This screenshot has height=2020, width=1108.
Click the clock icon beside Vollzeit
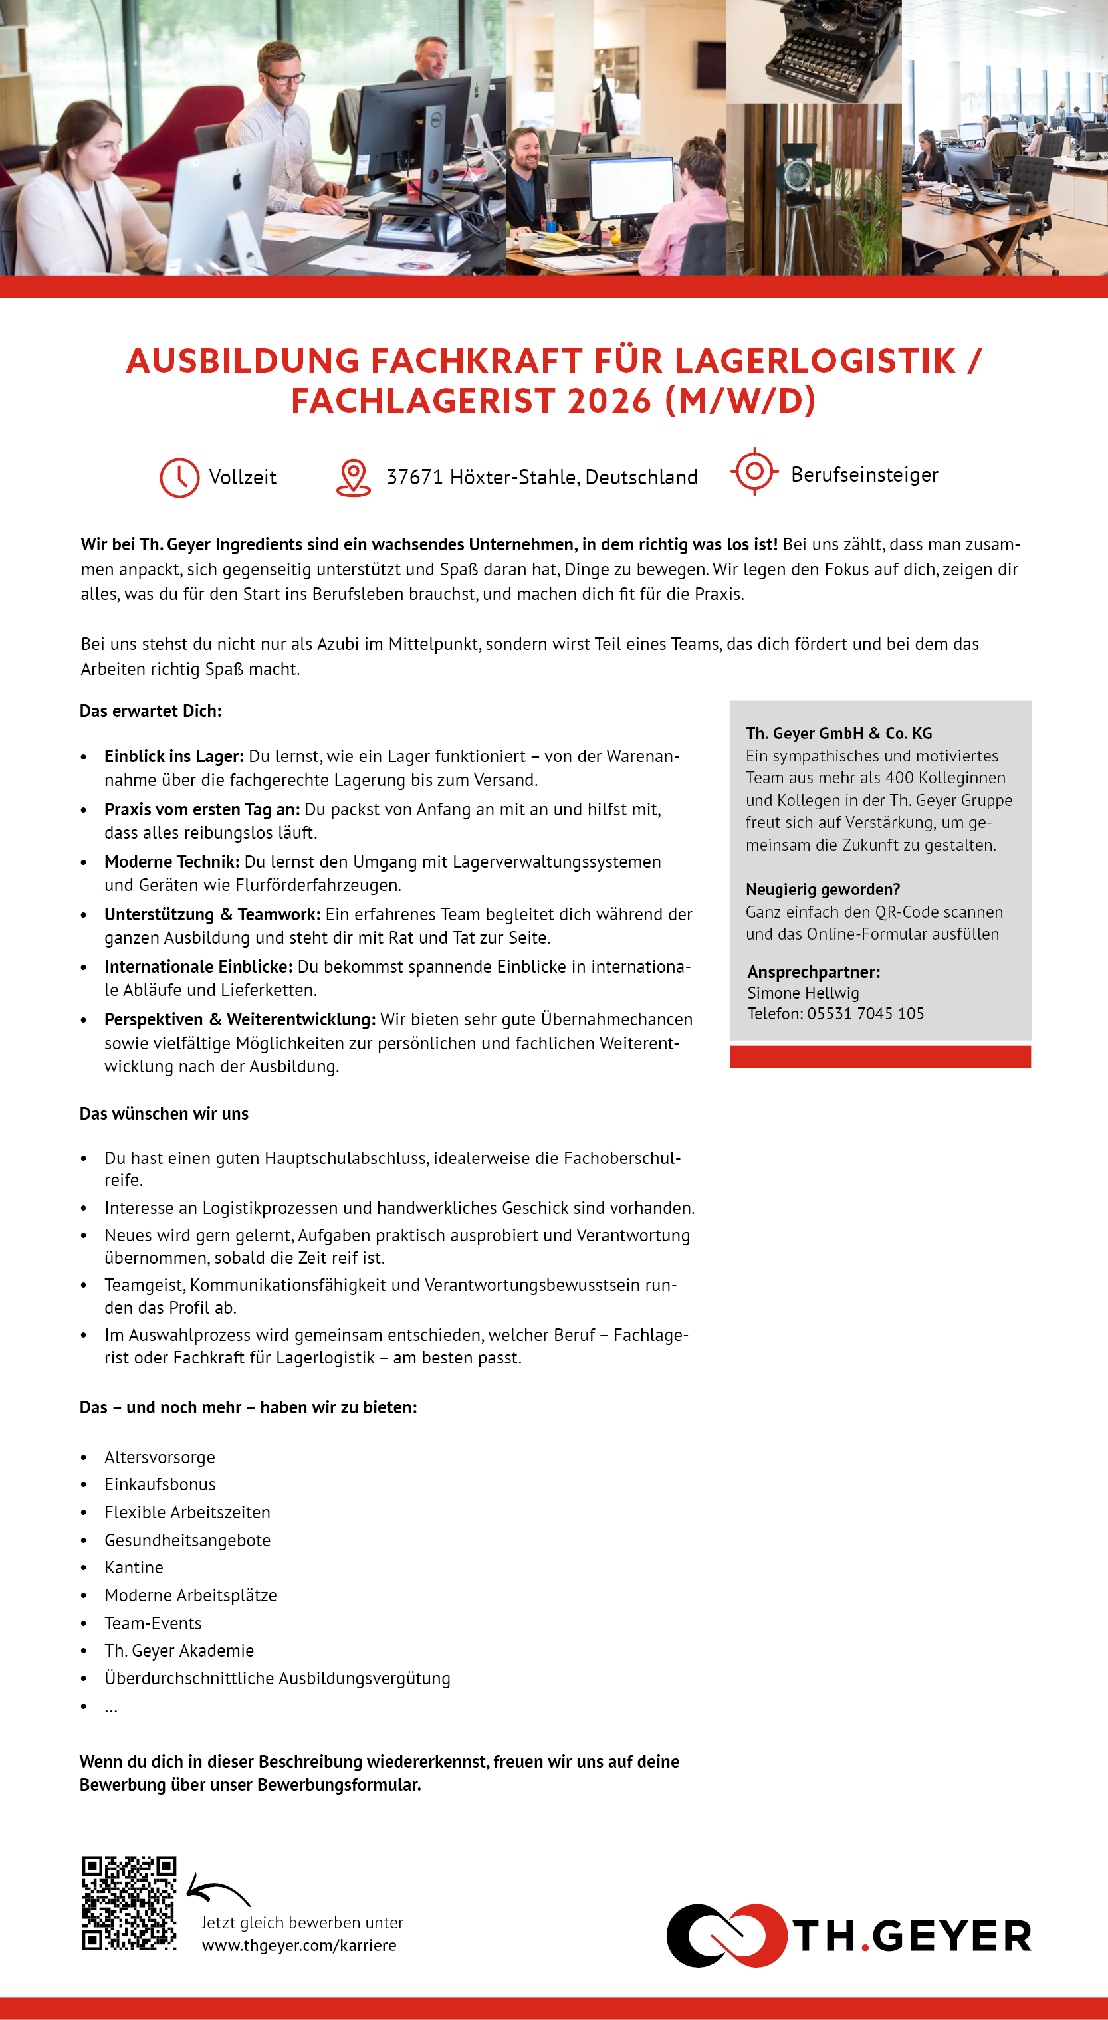[179, 478]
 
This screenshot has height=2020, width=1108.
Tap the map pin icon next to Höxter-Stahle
[353, 478]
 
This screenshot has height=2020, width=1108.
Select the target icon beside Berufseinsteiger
[754, 471]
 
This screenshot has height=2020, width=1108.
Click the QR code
[130, 1902]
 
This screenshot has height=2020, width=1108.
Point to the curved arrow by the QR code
[217, 1893]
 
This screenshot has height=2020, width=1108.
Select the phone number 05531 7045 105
[865, 1014]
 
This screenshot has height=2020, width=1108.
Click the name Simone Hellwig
[803, 993]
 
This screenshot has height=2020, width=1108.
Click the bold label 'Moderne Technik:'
[171, 862]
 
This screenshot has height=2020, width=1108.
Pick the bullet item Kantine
[134, 1567]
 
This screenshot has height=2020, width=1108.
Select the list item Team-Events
[153, 1623]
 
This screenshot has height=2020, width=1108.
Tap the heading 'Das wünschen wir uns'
[164, 1114]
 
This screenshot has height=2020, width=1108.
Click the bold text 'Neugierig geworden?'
[823, 889]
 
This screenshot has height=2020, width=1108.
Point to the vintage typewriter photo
[813, 51]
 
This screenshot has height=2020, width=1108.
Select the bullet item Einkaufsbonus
[160, 1484]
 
